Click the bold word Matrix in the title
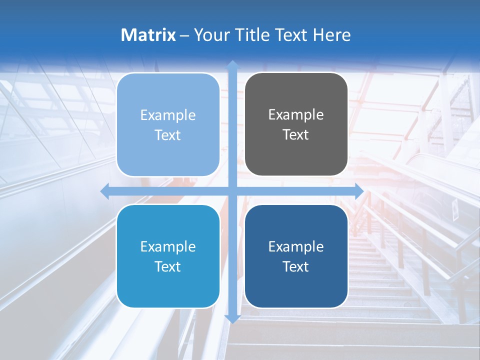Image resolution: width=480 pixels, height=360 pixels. click(148, 35)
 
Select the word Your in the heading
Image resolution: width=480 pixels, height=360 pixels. click(211, 35)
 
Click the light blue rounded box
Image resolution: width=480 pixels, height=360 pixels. click(168, 124)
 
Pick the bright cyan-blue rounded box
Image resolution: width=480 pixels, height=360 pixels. click(168, 256)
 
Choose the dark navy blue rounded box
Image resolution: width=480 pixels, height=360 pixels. click(296, 256)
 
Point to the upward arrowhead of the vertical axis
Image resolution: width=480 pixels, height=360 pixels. click(232, 65)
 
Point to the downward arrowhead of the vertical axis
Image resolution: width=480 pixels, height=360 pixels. click(232, 318)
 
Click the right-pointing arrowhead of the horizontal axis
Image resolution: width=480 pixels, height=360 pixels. click(359, 191)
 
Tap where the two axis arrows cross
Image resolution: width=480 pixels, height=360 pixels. click(232, 191)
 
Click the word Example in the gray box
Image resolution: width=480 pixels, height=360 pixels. click(296, 114)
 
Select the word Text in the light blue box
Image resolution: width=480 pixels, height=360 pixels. click(168, 135)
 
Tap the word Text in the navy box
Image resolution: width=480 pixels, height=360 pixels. click(296, 266)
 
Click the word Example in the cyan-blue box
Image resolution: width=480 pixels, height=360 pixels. click(168, 246)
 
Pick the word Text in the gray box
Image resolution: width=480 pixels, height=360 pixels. click(296, 134)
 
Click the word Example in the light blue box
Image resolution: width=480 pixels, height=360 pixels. click(168, 115)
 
